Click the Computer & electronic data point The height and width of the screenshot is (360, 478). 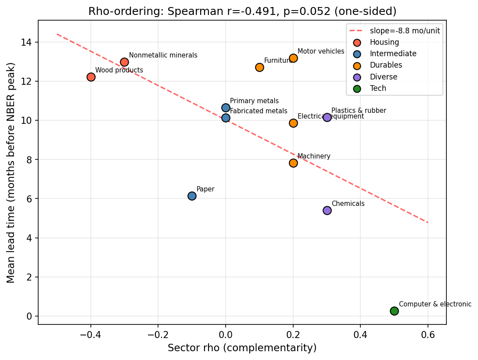[x=394, y=311]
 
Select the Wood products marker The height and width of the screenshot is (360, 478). [x=91, y=77]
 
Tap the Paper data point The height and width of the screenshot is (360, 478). [x=192, y=196]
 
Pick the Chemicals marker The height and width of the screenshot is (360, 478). [x=327, y=210]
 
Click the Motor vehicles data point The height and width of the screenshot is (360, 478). [x=293, y=58]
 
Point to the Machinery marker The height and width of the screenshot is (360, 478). [x=293, y=163]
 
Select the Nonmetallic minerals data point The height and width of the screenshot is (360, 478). [x=124, y=62]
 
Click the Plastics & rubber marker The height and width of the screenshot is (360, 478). [x=327, y=117]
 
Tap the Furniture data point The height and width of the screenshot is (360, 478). [x=259, y=67]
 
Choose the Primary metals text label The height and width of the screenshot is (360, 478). [x=254, y=101]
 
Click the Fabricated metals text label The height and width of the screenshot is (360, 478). [x=259, y=111]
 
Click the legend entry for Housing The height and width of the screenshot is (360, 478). [x=384, y=43]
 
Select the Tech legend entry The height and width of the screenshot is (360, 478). [x=378, y=88]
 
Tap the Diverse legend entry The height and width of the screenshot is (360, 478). [x=383, y=77]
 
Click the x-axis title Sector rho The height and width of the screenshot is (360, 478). [x=242, y=348]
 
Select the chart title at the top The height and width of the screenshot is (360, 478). [x=242, y=11]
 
